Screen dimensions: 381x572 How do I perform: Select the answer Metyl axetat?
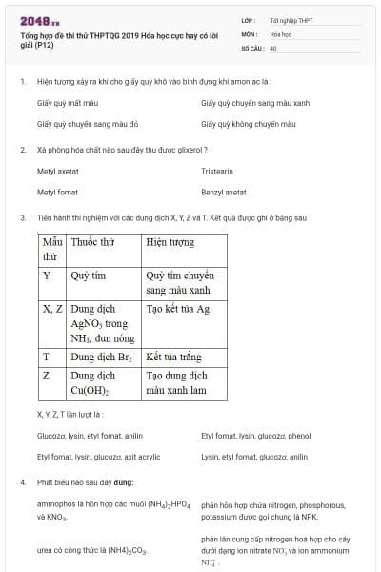[57, 172]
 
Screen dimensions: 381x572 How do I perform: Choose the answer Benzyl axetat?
[223, 192]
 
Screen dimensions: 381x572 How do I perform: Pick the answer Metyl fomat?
[56, 192]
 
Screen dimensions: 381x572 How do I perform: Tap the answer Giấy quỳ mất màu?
[68, 102]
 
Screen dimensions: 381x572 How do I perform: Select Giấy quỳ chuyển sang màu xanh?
[256, 102]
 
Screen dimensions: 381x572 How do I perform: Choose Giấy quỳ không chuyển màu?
[248, 124]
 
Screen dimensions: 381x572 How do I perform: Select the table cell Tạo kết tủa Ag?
[177, 309]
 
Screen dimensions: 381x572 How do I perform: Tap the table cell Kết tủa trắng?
[173, 357]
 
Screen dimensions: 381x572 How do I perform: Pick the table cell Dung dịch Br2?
[101, 357]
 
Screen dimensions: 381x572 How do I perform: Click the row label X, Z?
[53, 309]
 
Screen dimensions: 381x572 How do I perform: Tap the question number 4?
[23, 481]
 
